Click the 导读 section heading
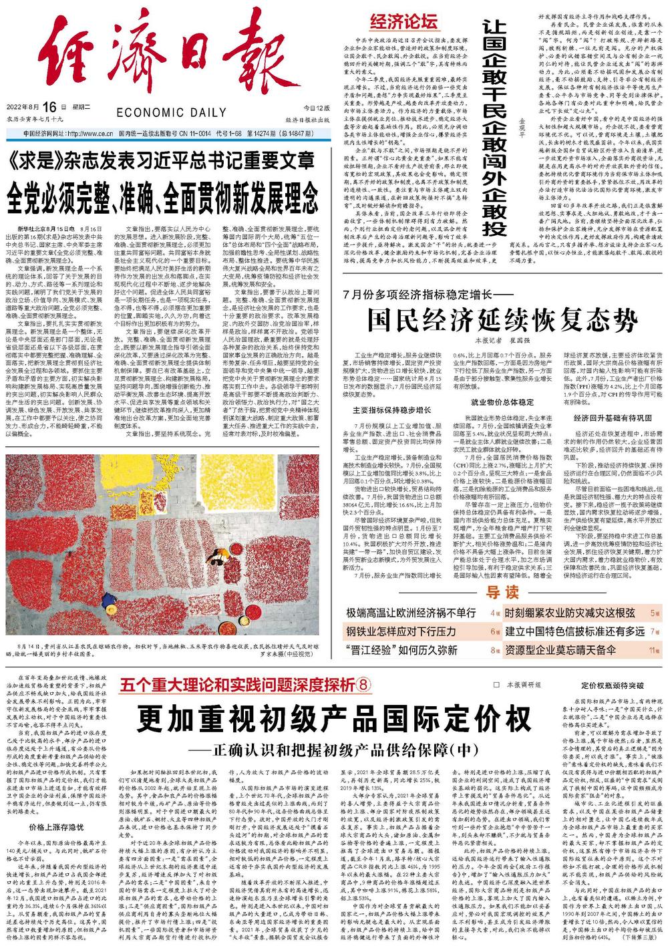502,593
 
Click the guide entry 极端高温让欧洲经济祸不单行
411,613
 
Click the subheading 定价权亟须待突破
612,686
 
